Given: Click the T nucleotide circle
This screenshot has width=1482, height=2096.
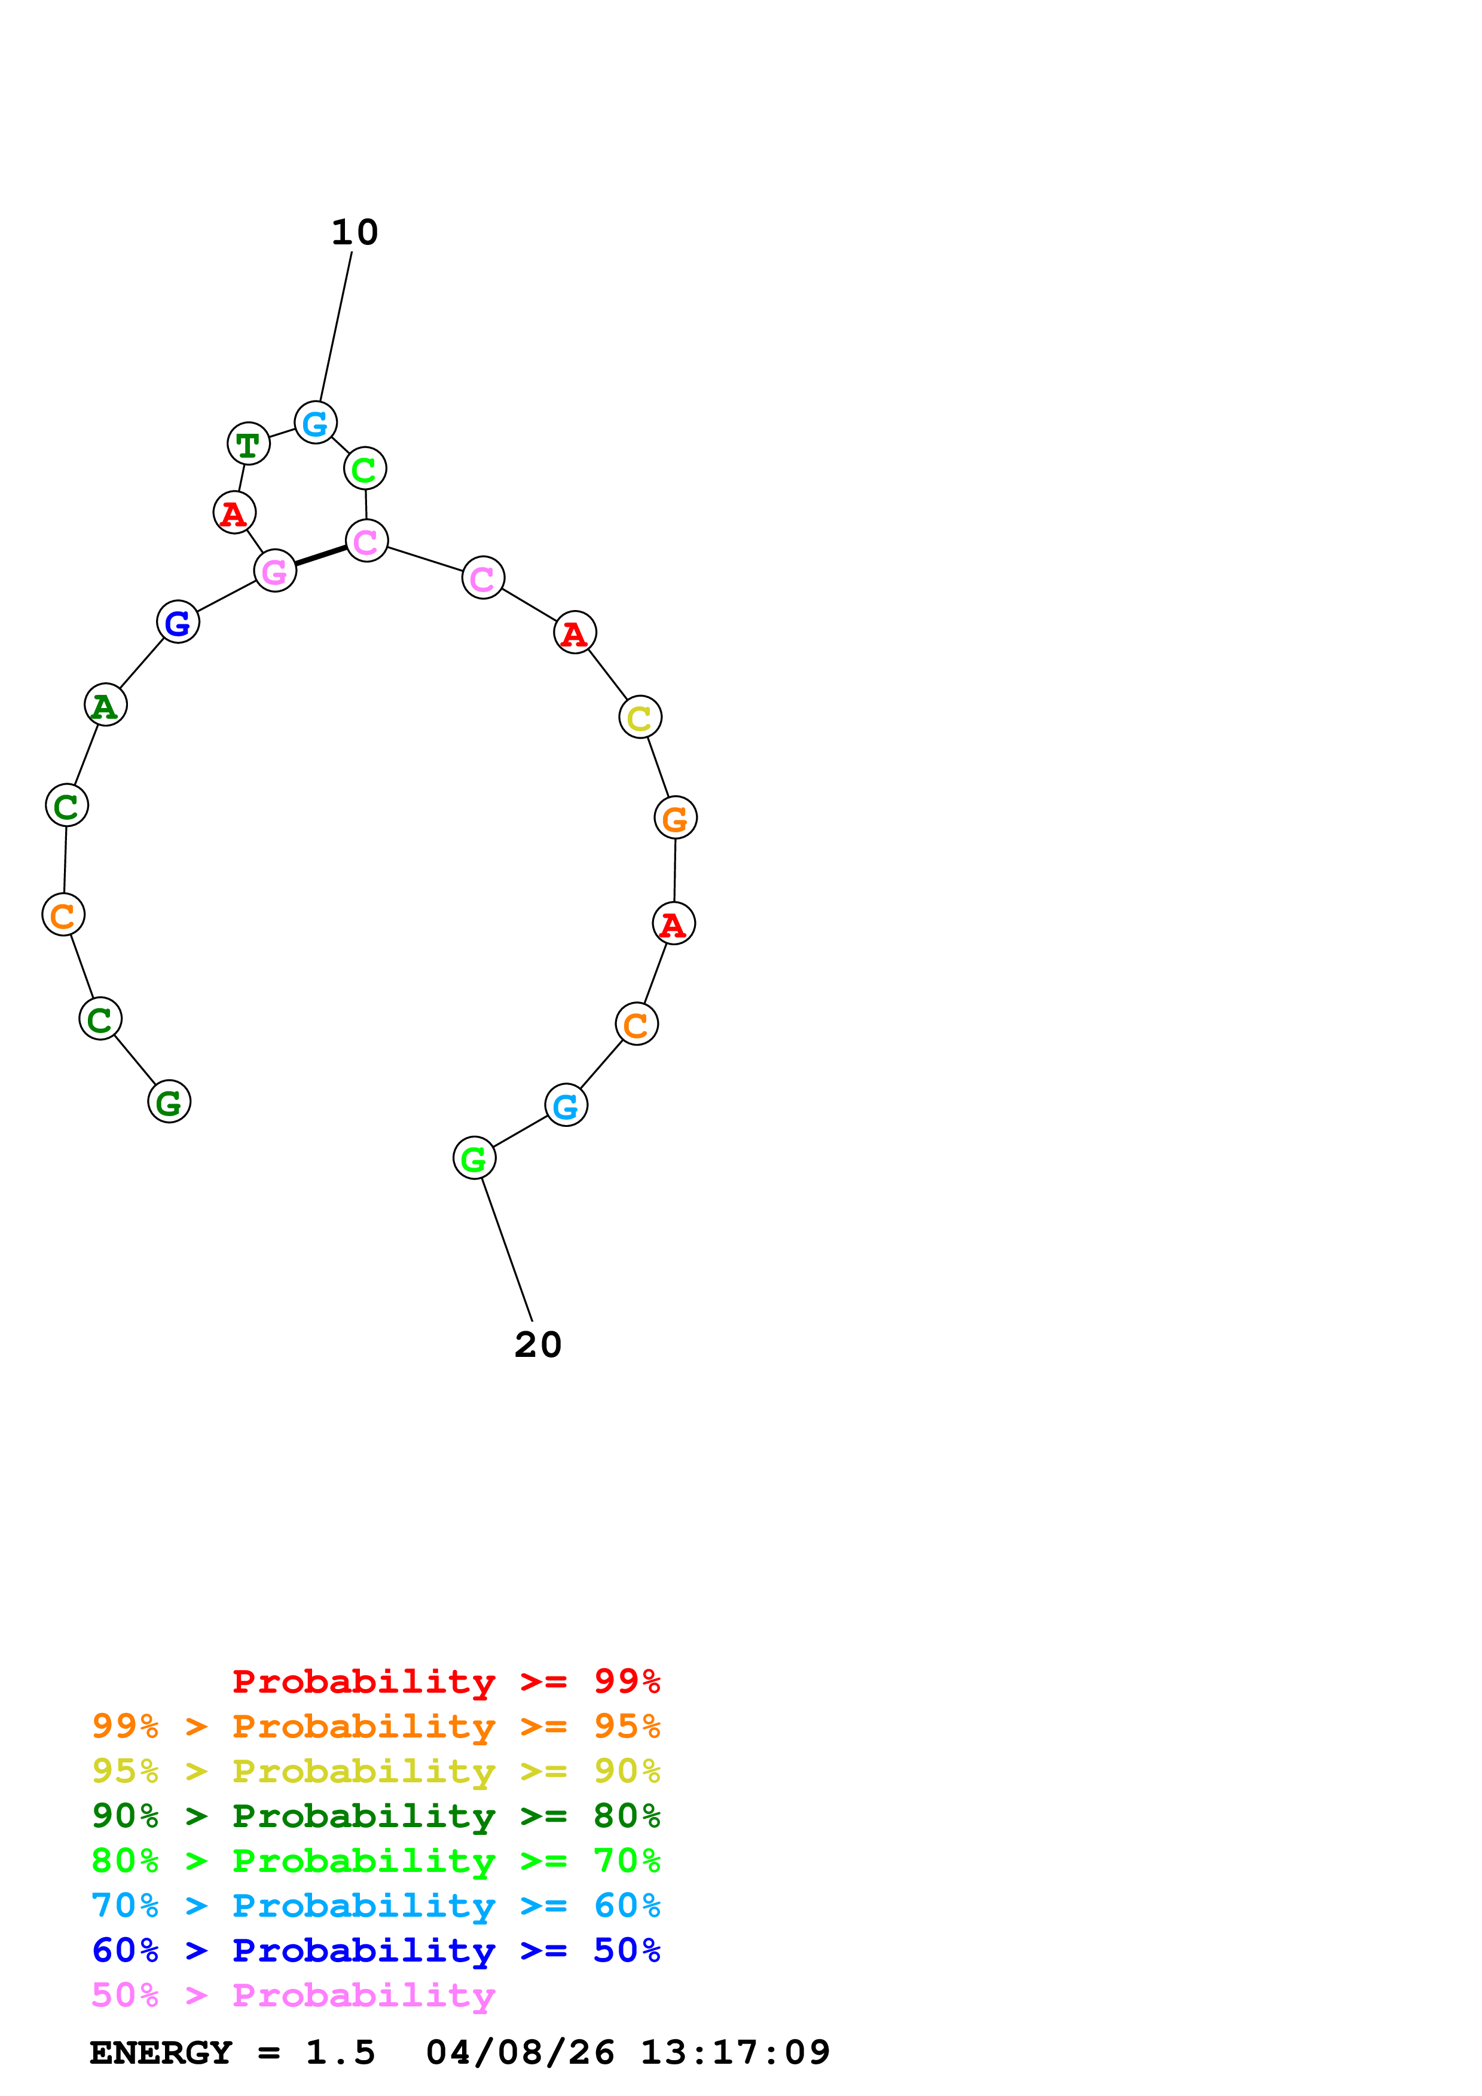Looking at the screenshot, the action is point(247,444).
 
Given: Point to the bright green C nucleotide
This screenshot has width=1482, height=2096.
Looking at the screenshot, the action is point(364,468).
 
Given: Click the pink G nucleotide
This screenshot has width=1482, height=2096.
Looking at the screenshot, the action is point(274,571).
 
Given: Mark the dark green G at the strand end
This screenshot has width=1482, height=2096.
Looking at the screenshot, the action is point(169,1101).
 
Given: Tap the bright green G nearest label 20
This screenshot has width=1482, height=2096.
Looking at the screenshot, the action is point(474,1157).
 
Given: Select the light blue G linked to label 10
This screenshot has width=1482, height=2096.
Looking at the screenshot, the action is point(315,422).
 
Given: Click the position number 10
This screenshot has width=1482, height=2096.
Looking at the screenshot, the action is point(355,233).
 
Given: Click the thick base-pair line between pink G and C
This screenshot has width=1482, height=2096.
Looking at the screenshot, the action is point(320,555).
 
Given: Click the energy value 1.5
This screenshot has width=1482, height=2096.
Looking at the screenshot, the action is point(340,2052).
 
